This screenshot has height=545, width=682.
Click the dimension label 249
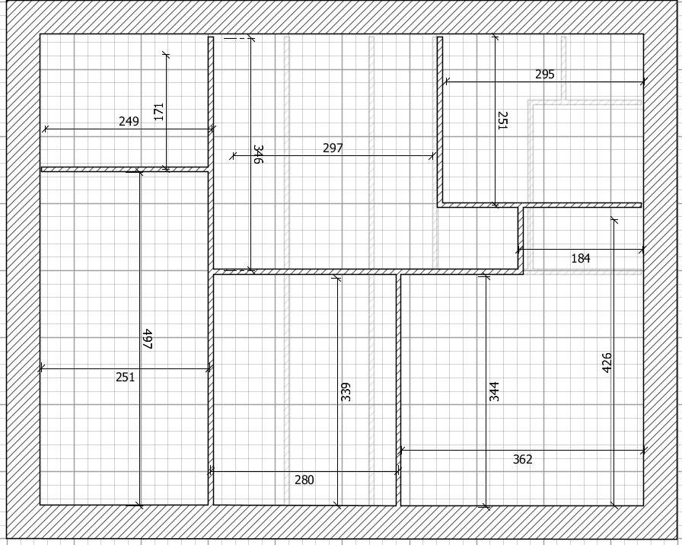click(x=129, y=121)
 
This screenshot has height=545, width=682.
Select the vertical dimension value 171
click(x=159, y=112)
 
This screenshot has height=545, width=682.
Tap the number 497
click(x=148, y=339)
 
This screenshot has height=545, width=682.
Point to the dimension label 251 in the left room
click(x=126, y=377)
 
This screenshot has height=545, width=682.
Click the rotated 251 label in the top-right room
click(x=502, y=120)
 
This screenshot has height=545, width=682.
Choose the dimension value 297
click(x=333, y=148)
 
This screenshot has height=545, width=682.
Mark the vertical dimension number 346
click(x=258, y=155)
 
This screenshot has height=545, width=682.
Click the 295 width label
click(x=544, y=74)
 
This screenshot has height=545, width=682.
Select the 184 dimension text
click(x=581, y=258)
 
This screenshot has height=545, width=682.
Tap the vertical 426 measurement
click(x=607, y=363)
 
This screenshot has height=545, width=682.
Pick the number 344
click(x=494, y=391)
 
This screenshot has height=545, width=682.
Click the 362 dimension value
click(x=522, y=459)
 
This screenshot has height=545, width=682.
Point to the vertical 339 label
click(x=346, y=391)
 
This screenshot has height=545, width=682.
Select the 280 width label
click(x=304, y=480)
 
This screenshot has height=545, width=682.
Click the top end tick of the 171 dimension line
click(x=166, y=54)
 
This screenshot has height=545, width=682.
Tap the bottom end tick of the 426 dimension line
click(x=613, y=505)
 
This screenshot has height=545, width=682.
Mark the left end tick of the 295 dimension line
click(x=446, y=81)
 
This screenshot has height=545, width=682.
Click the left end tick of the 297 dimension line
click(x=233, y=155)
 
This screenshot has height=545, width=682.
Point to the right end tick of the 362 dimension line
click(x=643, y=451)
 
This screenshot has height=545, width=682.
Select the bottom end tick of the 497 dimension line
click(x=139, y=505)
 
